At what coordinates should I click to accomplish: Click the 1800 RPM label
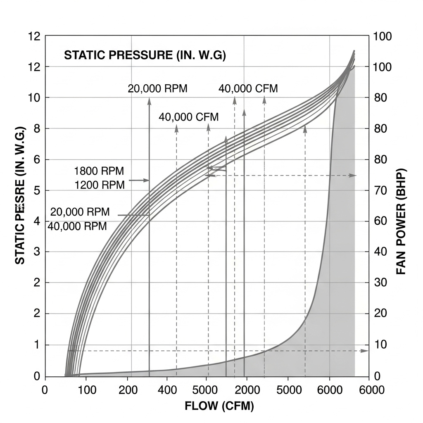pos(99,171)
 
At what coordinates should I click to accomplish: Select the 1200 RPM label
pos(100,185)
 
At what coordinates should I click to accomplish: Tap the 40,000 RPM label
pos(77,226)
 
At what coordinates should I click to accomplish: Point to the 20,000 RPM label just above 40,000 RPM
pos(80,212)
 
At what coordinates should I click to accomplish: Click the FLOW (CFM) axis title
pos(219,406)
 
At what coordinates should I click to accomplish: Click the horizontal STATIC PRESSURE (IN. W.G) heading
pos(145,55)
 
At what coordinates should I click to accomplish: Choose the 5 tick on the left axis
pos(36,190)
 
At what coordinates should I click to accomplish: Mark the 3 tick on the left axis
pos(36,252)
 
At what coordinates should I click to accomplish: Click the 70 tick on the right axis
pos(380,190)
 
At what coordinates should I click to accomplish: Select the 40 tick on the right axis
pos(380,252)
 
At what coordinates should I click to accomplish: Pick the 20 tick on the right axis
pos(380,313)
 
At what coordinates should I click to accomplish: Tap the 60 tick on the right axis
pos(380,221)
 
